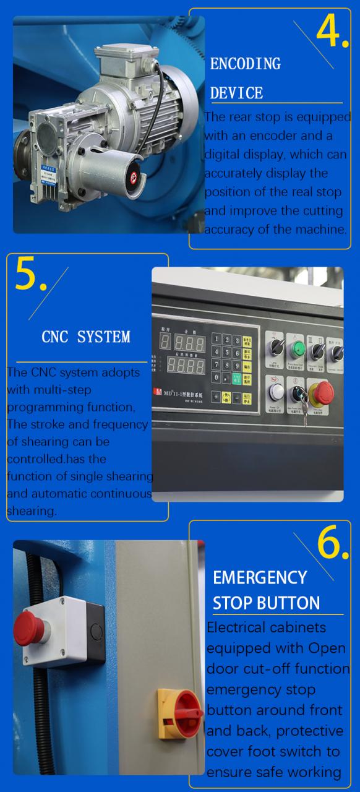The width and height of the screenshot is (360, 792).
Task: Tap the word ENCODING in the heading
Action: (x=245, y=64)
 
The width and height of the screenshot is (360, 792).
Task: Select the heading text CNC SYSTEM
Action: (x=86, y=337)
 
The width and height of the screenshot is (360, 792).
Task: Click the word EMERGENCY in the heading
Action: (x=260, y=577)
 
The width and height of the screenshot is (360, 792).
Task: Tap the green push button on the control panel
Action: (x=298, y=348)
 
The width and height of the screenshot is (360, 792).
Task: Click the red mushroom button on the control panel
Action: (x=322, y=392)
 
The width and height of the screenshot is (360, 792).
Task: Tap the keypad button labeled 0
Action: (x=216, y=377)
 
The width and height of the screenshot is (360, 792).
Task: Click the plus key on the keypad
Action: (x=216, y=396)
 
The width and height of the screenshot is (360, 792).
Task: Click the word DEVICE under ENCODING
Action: (x=236, y=93)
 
